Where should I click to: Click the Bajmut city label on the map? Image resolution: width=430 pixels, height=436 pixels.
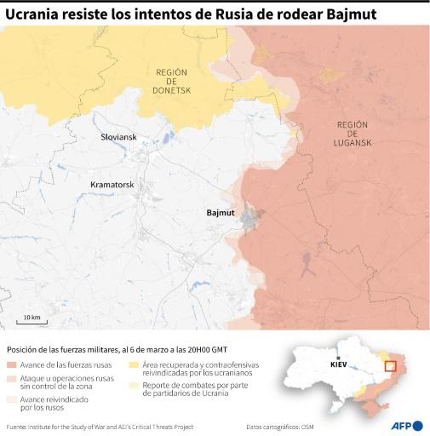click(x=221, y=214)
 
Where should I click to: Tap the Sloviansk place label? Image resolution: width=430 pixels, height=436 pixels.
click(x=118, y=137)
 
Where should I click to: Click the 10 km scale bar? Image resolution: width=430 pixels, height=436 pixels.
click(x=32, y=319)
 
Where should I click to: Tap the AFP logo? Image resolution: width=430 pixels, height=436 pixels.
click(x=407, y=426)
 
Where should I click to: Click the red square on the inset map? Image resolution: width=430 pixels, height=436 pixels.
click(x=393, y=367)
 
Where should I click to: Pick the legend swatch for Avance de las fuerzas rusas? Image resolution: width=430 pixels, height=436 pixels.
click(x=11, y=364)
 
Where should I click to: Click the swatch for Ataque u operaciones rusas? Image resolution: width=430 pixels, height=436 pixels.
click(x=11, y=377)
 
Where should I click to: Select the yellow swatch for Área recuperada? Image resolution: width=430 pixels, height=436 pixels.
click(x=135, y=364)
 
